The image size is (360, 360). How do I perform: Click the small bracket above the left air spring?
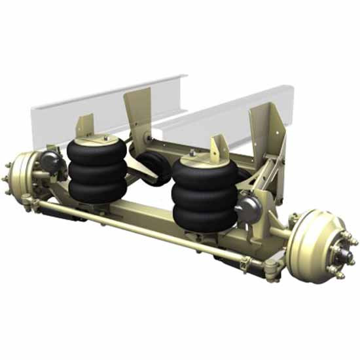point(85,124)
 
